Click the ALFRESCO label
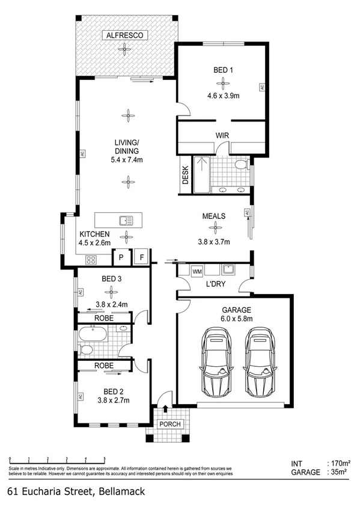click(x=125, y=35)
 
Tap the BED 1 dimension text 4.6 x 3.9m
click(x=224, y=95)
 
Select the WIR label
click(x=222, y=135)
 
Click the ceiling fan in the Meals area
click(x=215, y=228)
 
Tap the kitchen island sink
click(x=126, y=220)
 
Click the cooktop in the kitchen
click(x=92, y=260)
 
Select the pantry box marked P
click(x=121, y=257)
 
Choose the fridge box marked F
click(x=142, y=257)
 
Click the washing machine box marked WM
click(x=197, y=272)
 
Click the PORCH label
click(x=169, y=424)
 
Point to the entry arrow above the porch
click(x=166, y=410)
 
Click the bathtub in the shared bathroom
click(x=93, y=333)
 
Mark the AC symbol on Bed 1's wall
click(x=263, y=87)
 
